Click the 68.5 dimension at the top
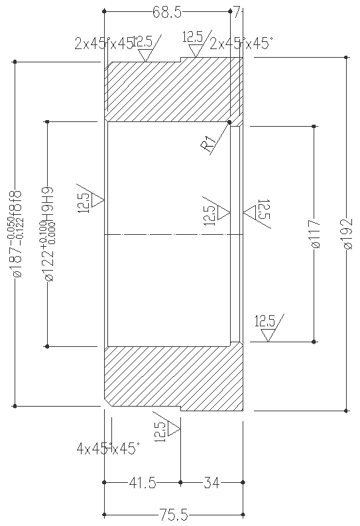167,11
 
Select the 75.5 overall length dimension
174,513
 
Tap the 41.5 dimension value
142,483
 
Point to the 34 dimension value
211,483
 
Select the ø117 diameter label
316,234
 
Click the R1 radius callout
210,143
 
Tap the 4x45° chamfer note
108,449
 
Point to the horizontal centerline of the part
172,235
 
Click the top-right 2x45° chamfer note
241,44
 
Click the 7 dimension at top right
237,11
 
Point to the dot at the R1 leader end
229,122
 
